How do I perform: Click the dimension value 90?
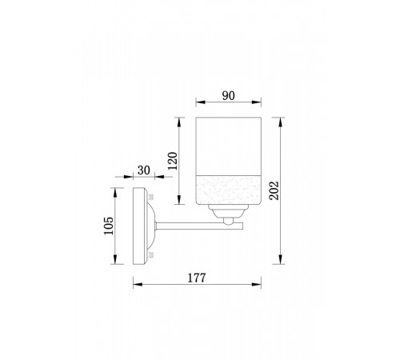click(x=229, y=96)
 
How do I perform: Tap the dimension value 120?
click(x=173, y=161)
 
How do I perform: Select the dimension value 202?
click(x=274, y=190)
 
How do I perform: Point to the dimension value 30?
click(x=144, y=170)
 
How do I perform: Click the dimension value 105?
click(x=109, y=226)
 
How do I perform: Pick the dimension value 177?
click(x=197, y=278)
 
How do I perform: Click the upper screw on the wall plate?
click(x=151, y=197)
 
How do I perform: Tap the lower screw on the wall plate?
click(x=151, y=255)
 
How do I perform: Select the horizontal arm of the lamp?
click(x=199, y=226)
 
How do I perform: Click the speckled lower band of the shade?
click(x=229, y=190)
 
